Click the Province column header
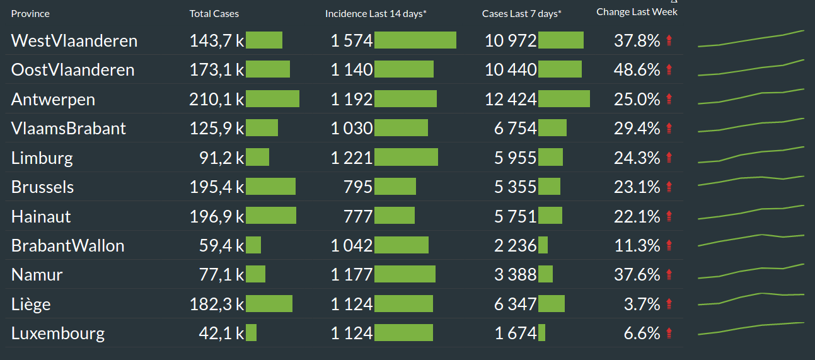click(x=30, y=13)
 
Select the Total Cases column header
click(x=214, y=13)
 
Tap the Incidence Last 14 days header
click(x=376, y=13)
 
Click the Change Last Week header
click(x=637, y=11)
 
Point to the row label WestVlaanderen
click(x=74, y=41)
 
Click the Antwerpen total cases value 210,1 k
click(x=216, y=99)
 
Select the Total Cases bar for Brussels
click(x=270, y=187)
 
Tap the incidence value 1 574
click(x=352, y=41)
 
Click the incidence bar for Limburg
click(x=406, y=158)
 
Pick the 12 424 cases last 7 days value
click(x=511, y=99)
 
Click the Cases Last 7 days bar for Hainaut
click(x=550, y=216)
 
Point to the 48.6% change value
click(x=637, y=70)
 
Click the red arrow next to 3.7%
click(x=669, y=305)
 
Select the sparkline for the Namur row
click(x=751, y=271)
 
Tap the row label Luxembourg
click(x=58, y=334)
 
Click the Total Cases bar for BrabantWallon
click(x=253, y=245)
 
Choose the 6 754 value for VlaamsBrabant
click(x=515, y=129)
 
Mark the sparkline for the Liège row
click(x=751, y=298)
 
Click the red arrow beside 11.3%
click(x=669, y=245)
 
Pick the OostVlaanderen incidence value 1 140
click(x=352, y=70)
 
